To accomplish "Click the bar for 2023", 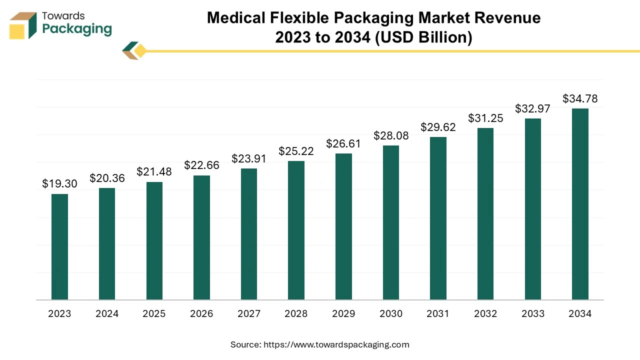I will click(x=59, y=247).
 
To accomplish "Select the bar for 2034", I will click(x=580, y=204).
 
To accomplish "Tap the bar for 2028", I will click(x=296, y=230).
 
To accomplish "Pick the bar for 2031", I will click(x=438, y=218).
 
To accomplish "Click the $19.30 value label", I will click(x=59, y=183).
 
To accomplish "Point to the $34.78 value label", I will click(x=580, y=98).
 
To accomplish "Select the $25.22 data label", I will click(x=296, y=151).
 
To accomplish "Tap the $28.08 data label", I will click(x=391, y=135).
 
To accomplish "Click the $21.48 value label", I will click(x=154, y=171).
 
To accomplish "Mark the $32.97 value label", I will click(x=532, y=108).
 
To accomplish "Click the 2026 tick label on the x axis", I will click(x=201, y=314).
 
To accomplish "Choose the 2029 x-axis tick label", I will click(x=343, y=314).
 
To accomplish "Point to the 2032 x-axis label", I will click(x=485, y=314).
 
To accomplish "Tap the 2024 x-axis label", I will click(x=107, y=314).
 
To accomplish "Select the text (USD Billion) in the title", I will click(x=424, y=37).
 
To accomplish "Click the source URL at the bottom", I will click(x=336, y=344).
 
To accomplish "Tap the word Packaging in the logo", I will click(x=77, y=29).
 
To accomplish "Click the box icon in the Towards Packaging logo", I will click(x=23, y=25).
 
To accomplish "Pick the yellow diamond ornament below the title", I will click(x=140, y=51).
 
